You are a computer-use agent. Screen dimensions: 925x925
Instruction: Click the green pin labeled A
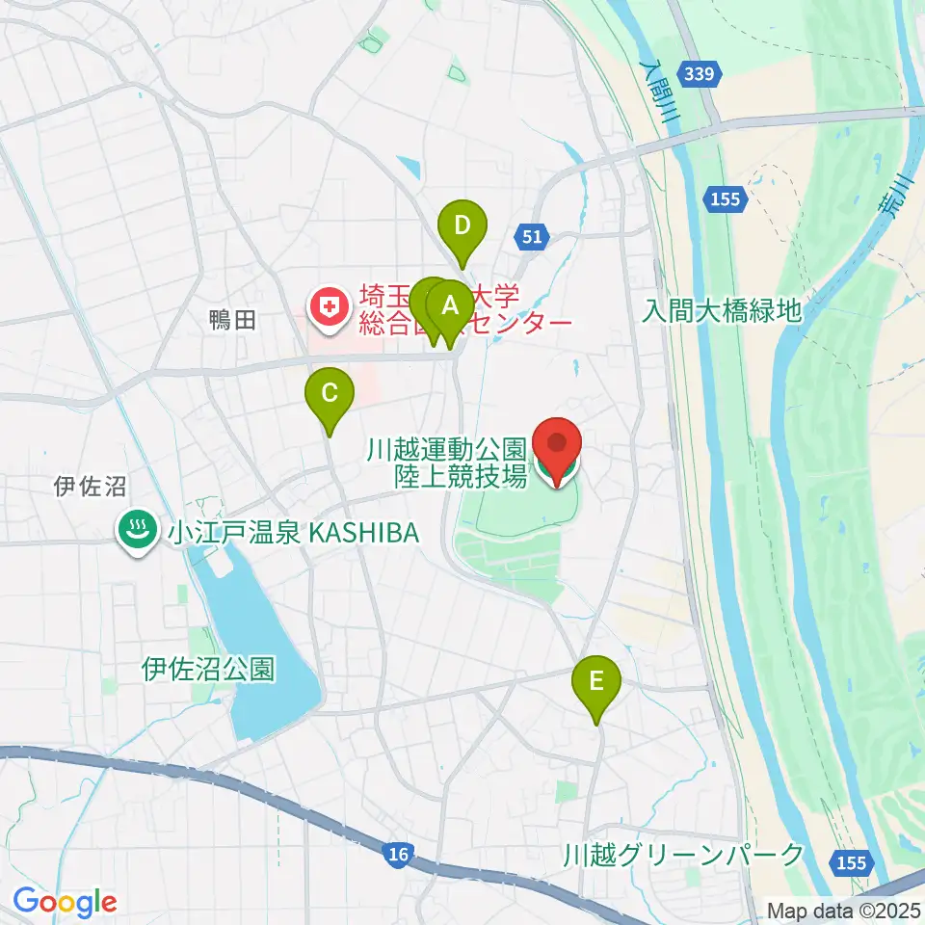(x=450, y=307)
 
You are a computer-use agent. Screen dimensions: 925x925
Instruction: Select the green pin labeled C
(x=330, y=393)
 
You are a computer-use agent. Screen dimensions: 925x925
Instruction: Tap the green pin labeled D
(x=462, y=226)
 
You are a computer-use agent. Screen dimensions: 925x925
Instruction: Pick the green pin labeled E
(x=596, y=682)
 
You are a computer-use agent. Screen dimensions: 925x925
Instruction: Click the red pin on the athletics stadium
(x=558, y=443)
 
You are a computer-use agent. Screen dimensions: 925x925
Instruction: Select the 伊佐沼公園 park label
(x=208, y=668)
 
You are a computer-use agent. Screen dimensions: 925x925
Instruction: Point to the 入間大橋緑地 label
(x=723, y=310)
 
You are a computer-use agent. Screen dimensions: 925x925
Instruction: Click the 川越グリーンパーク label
(x=683, y=854)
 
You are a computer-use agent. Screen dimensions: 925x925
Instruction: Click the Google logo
(x=65, y=902)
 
